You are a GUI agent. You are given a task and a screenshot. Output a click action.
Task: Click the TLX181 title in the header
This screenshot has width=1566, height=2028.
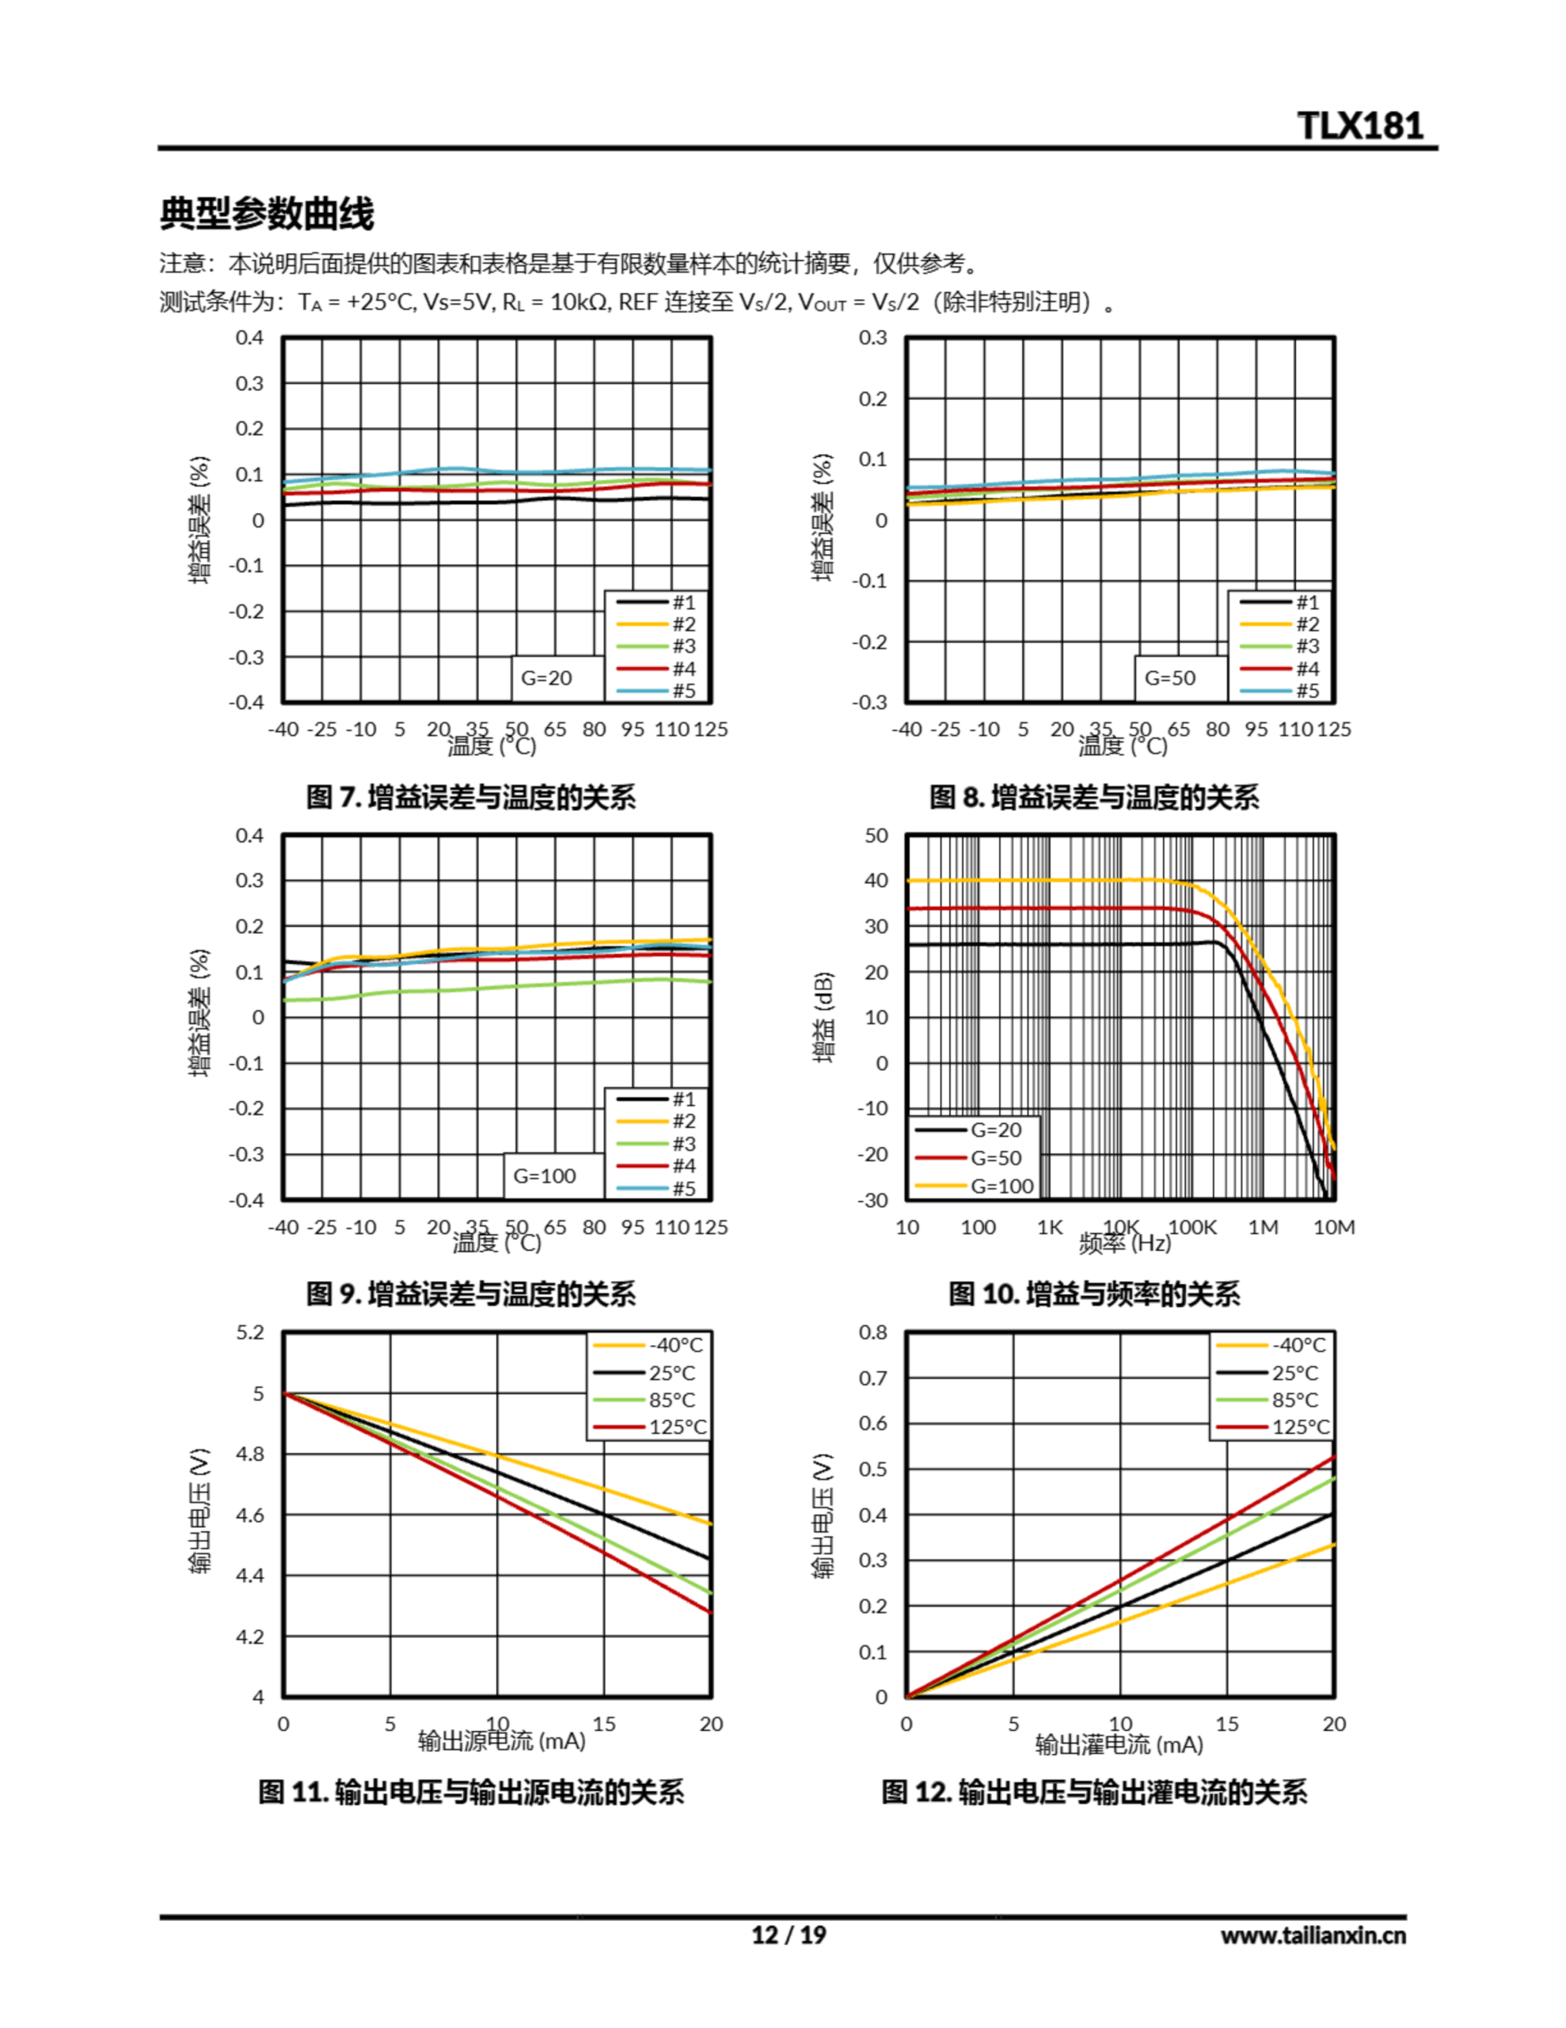click(1360, 125)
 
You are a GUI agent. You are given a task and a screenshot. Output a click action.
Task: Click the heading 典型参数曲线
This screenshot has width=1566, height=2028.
click(267, 214)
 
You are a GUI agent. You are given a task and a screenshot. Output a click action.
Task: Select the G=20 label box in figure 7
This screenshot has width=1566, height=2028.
click(547, 678)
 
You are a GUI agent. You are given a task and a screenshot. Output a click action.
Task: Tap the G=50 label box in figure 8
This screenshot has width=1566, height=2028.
click(1169, 678)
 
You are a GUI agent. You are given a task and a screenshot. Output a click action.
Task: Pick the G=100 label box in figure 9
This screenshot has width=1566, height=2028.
click(545, 1176)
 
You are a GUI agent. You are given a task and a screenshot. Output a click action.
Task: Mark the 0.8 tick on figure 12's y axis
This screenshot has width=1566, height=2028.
click(872, 1332)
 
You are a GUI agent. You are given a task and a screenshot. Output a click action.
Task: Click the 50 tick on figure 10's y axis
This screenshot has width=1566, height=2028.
click(876, 835)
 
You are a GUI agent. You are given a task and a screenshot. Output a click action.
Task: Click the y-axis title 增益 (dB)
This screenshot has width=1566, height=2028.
click(823, 1017)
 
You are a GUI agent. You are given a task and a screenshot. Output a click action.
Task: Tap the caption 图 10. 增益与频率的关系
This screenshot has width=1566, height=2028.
click(1093, 1294)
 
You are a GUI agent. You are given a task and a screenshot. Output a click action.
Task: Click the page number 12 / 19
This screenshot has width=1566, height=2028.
click(788, 1935)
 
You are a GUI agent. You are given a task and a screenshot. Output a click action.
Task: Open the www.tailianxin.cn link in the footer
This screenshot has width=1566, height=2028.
click(1313, 1935)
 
